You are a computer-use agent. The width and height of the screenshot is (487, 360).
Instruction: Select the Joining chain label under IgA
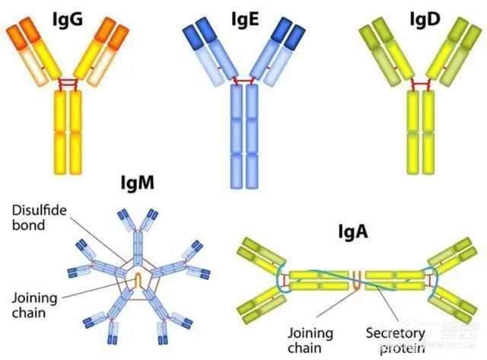click(310, 339)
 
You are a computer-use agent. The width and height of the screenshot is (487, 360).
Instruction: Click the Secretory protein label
click(397, 339)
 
